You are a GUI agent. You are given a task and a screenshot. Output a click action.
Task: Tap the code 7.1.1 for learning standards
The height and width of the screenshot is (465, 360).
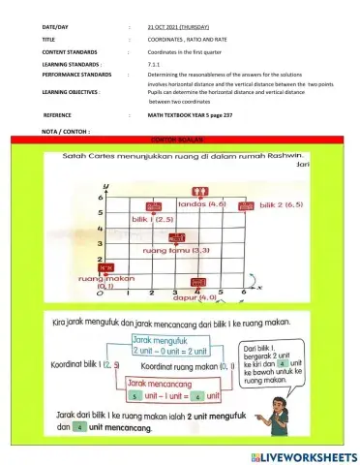coord(154,62)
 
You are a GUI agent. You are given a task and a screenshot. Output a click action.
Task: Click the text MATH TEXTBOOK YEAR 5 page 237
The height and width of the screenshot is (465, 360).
coord(191,114)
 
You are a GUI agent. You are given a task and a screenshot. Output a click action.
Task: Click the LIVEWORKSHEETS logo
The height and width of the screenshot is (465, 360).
coord(303,455)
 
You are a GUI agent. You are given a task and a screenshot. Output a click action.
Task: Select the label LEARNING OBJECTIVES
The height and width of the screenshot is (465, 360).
coord(69,92)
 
